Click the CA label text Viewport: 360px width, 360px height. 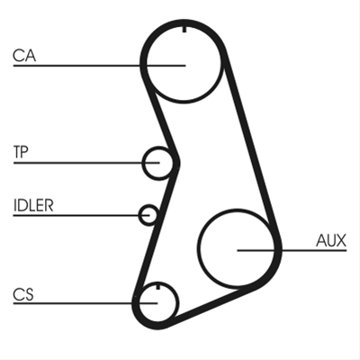coord(24,56)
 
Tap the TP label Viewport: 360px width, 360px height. coord(21,152)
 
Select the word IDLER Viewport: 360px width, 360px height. coord(33,205)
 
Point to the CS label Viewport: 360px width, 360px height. coord(23,294)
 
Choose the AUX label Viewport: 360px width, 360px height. coord(331,240)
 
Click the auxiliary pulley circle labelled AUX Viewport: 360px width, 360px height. coord(198,249)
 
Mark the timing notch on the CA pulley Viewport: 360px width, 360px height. coord(184,30)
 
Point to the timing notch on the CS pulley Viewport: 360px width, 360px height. coord(157,287)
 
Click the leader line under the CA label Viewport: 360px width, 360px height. coord(99,65)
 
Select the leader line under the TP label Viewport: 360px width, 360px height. coord(86,163)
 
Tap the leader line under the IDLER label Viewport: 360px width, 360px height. coord(81,215)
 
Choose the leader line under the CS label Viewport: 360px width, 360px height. coord(85,303)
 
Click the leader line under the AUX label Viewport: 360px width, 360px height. coord(292,250)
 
